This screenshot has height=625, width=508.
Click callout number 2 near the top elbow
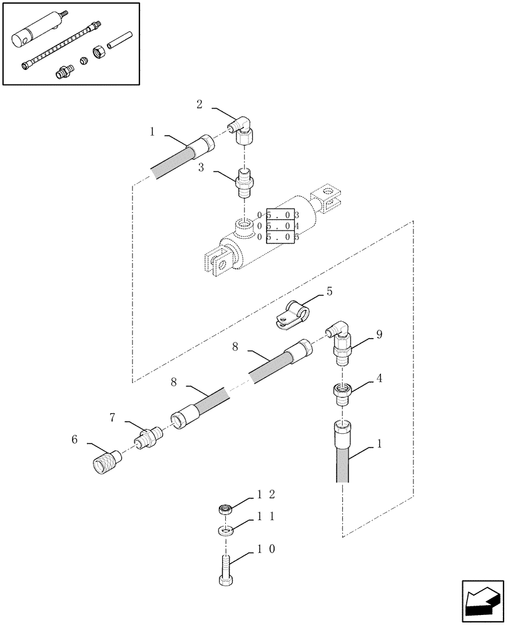[199, 104]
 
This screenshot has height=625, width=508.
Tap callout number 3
[201, 167]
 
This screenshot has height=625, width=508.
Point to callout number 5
[329, 291]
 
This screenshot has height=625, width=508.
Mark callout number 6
[74, 440]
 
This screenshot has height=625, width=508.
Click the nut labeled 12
[225, 510]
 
